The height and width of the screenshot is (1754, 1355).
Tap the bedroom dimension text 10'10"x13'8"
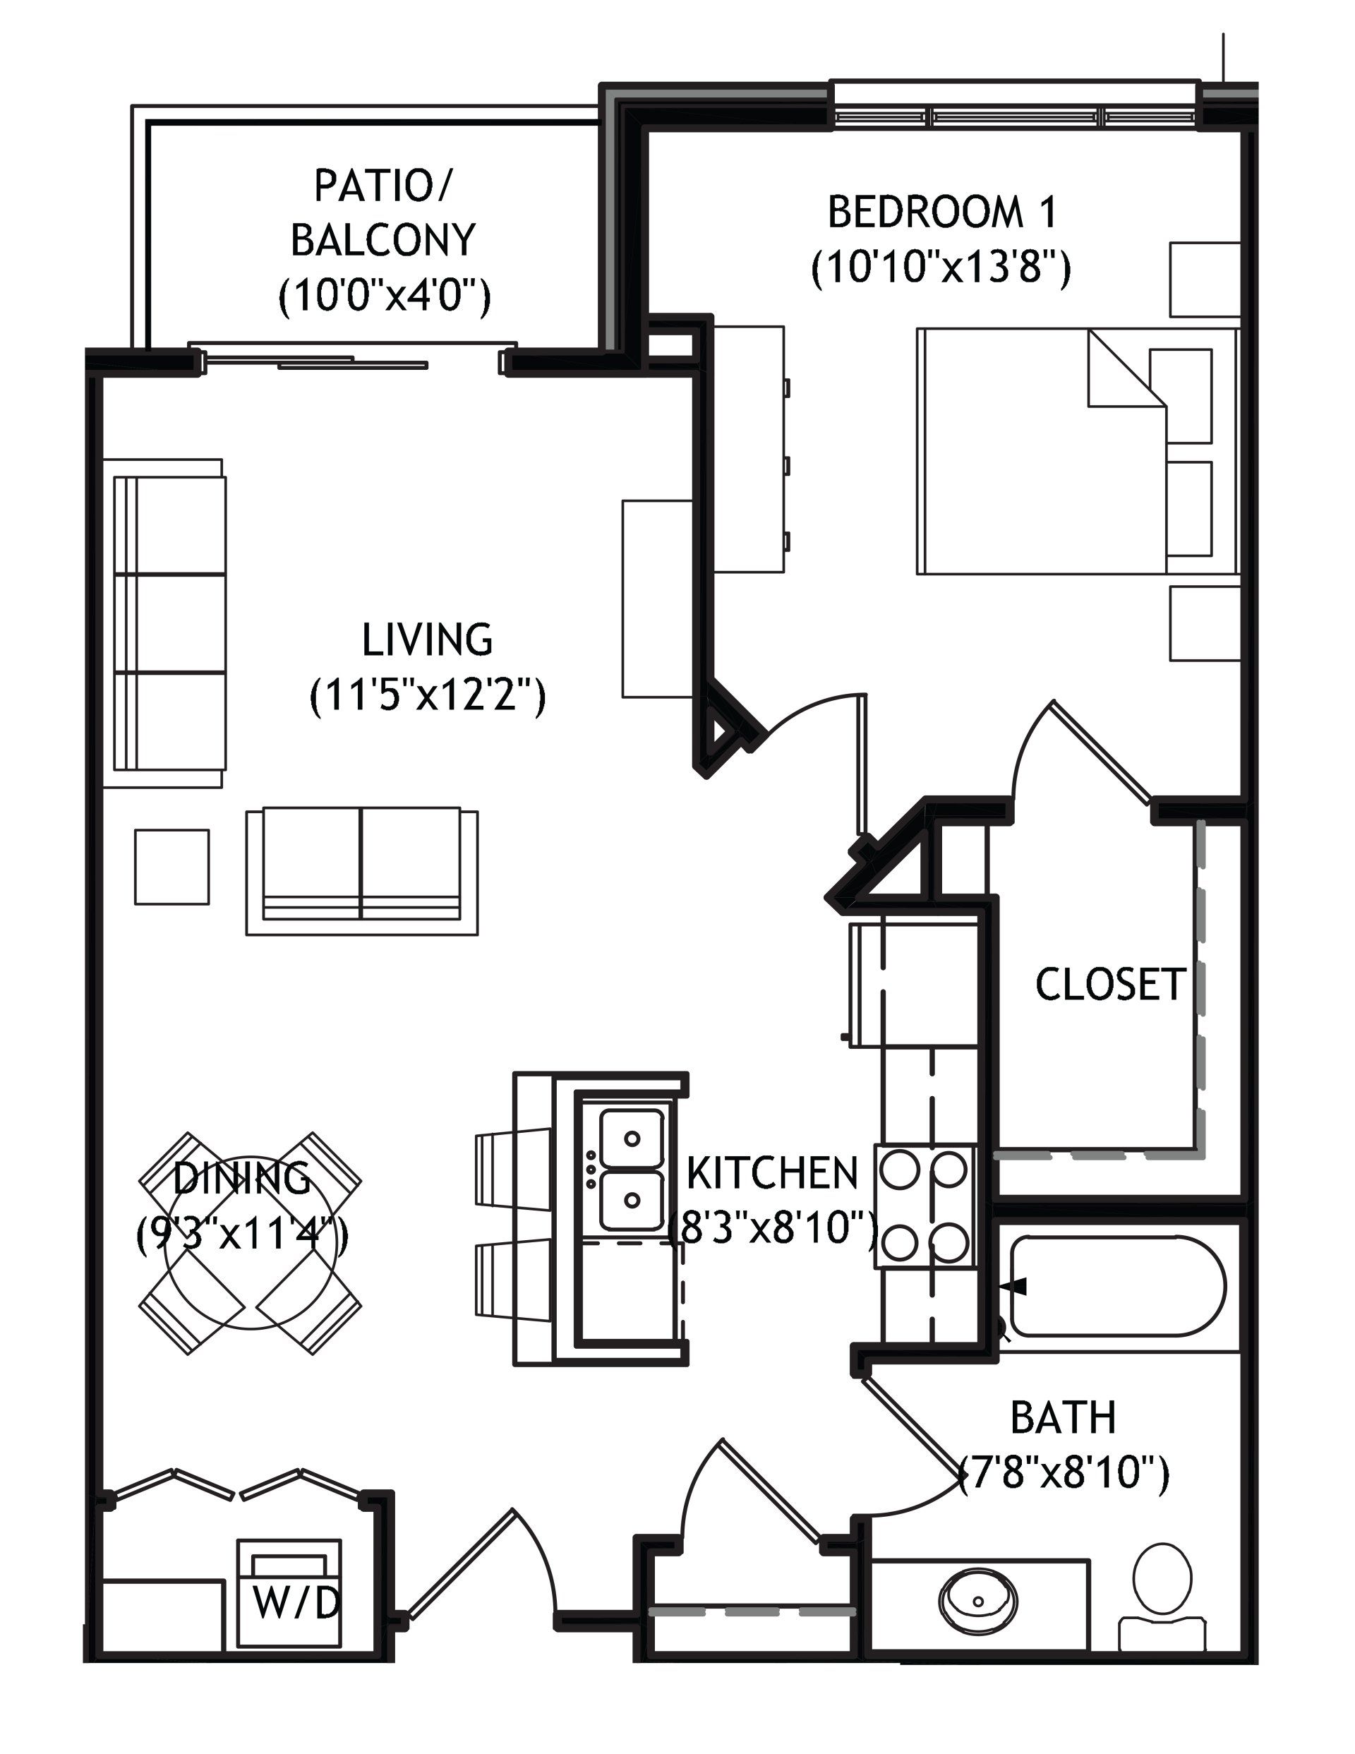[x=941, y=268]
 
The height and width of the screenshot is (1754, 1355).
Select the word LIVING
[x=427, y=639]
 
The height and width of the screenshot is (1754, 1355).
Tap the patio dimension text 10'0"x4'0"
[x=384, y=295]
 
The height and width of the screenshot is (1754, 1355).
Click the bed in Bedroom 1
[x=1076, y=450]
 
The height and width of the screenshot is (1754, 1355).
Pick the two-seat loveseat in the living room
[x=362, y=870]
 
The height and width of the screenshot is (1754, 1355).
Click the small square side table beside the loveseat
[x=172, y=867]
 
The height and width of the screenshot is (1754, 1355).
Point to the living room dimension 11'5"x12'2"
[x=427, y=695]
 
